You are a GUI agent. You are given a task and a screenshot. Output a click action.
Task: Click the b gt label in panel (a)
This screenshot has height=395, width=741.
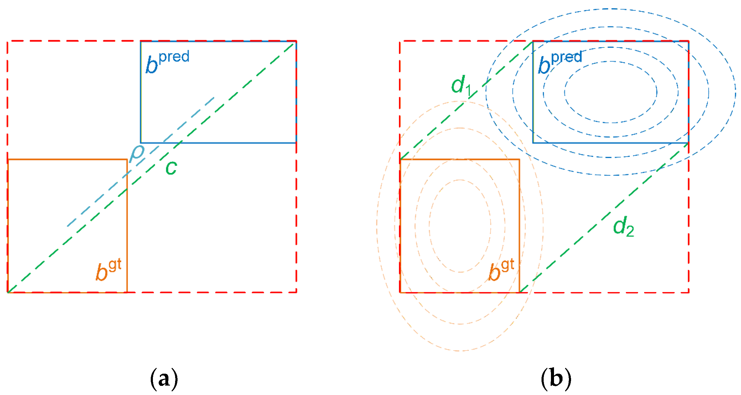(108, 270)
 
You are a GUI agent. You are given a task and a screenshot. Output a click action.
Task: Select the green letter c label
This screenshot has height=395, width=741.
(171, 168)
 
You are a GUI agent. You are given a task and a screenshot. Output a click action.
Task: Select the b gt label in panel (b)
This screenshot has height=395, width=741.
(501, 270)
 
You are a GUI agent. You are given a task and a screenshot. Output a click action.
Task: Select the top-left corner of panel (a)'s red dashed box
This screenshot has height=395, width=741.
(8, 41)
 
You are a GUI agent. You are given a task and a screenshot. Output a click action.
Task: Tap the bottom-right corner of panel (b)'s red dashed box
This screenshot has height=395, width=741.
(689, 292)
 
